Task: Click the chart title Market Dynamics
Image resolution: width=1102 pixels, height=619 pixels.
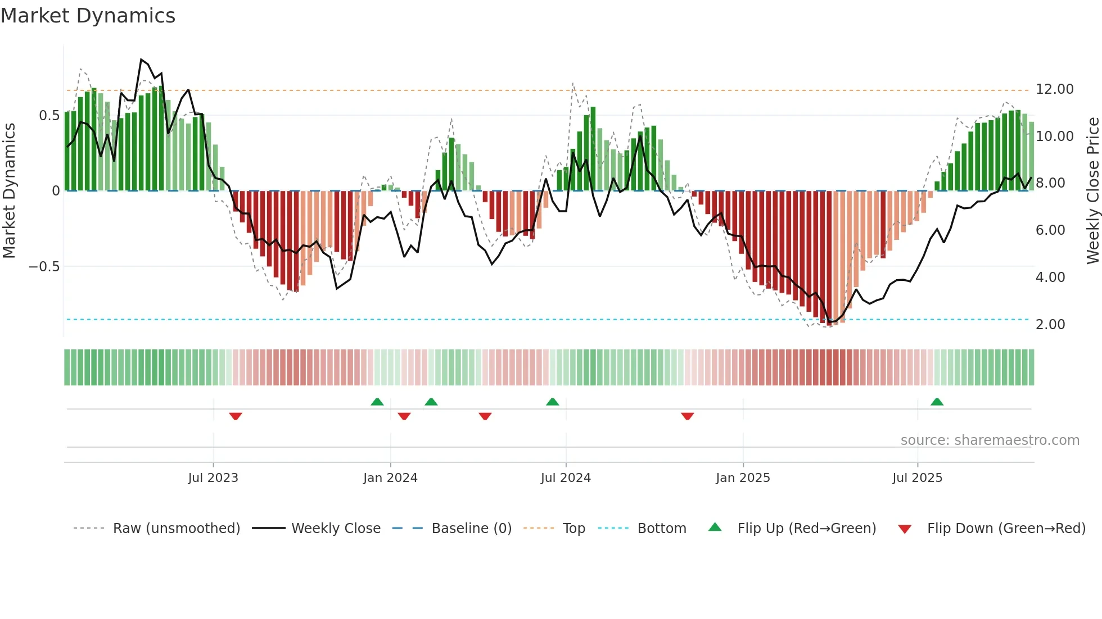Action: [88, 16]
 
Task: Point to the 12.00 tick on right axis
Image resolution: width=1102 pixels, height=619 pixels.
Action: [1054, 89]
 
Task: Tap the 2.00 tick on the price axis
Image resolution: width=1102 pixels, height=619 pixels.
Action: [1050, 325]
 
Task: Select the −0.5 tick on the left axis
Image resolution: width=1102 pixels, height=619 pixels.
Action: [44, 267]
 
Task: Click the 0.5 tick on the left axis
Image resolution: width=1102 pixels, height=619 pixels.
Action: [49, 116]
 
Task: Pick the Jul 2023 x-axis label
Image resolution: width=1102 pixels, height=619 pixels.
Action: [213, 478]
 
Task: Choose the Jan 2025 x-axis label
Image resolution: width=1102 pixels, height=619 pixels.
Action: [743, 478]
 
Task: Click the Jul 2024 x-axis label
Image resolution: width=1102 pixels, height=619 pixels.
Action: [566, 478]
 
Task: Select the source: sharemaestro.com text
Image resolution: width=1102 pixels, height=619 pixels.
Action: [990, 440]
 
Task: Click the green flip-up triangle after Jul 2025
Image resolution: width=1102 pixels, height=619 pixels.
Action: [937, 402]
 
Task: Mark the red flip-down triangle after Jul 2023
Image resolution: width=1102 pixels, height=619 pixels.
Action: [236, 416]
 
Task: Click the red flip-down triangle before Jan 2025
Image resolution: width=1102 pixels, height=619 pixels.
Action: [687, 416]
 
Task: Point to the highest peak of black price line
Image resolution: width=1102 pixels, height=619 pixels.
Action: [141, 59]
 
